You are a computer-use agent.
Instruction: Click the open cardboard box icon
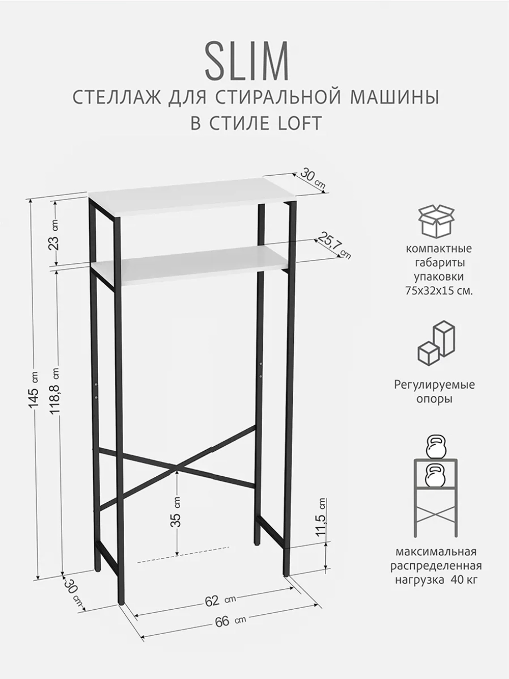437,220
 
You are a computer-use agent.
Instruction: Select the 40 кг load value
464,580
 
